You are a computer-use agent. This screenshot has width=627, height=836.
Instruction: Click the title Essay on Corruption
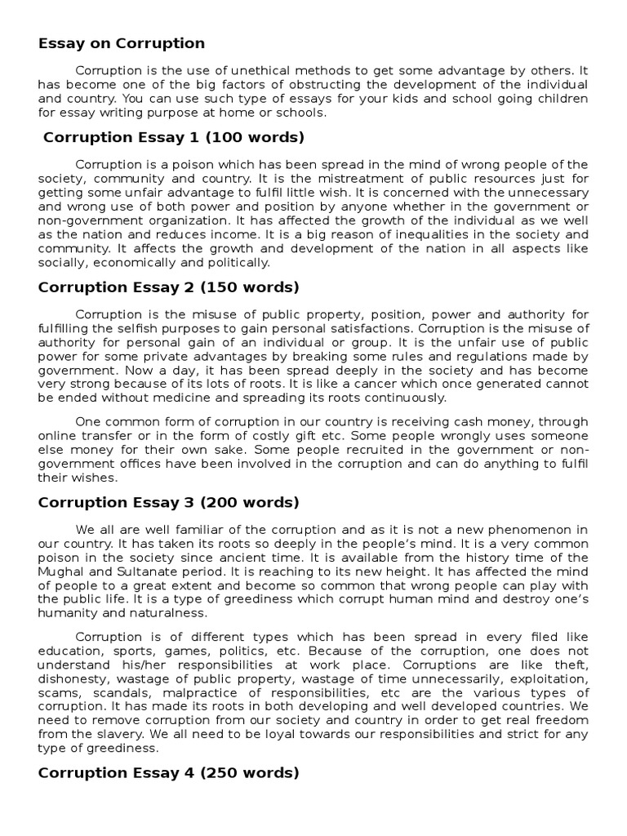(x=122, y=43)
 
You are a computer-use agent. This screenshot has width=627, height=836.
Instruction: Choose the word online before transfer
(x=59, y=435)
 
